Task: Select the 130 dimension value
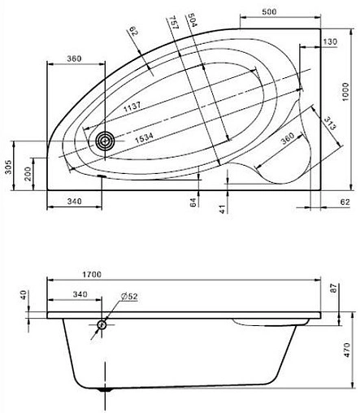point(329,41)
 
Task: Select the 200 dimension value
point(27,173)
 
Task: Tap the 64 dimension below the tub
point(193,202)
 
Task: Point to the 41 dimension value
point(220,209)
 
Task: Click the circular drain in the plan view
point(104,141)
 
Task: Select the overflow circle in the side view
point(102,325)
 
